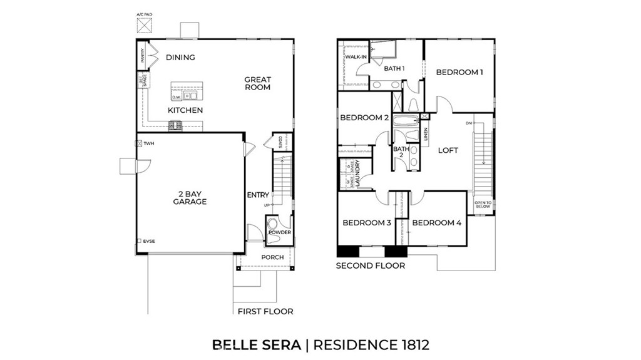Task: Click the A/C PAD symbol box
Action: tap(144, 25)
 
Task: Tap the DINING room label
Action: tap(180, 58)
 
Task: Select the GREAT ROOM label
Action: tap(257, 83)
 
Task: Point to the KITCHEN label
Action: tap(185, 110)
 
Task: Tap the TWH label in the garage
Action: tap(148, 143)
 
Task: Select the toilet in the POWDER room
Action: tap(272, 223)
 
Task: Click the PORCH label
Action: tap(272, 257)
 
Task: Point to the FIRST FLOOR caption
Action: tap(265, 311)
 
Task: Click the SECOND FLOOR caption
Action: tap(371, 265)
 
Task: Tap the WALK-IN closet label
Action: tap(356, 58)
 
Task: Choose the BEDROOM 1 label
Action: tap(459, 73)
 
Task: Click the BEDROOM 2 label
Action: tap(365, 118)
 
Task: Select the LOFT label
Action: tap(448, 150)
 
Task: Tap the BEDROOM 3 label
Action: tap(367, 223)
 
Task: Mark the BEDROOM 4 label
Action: tap(437, 223)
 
